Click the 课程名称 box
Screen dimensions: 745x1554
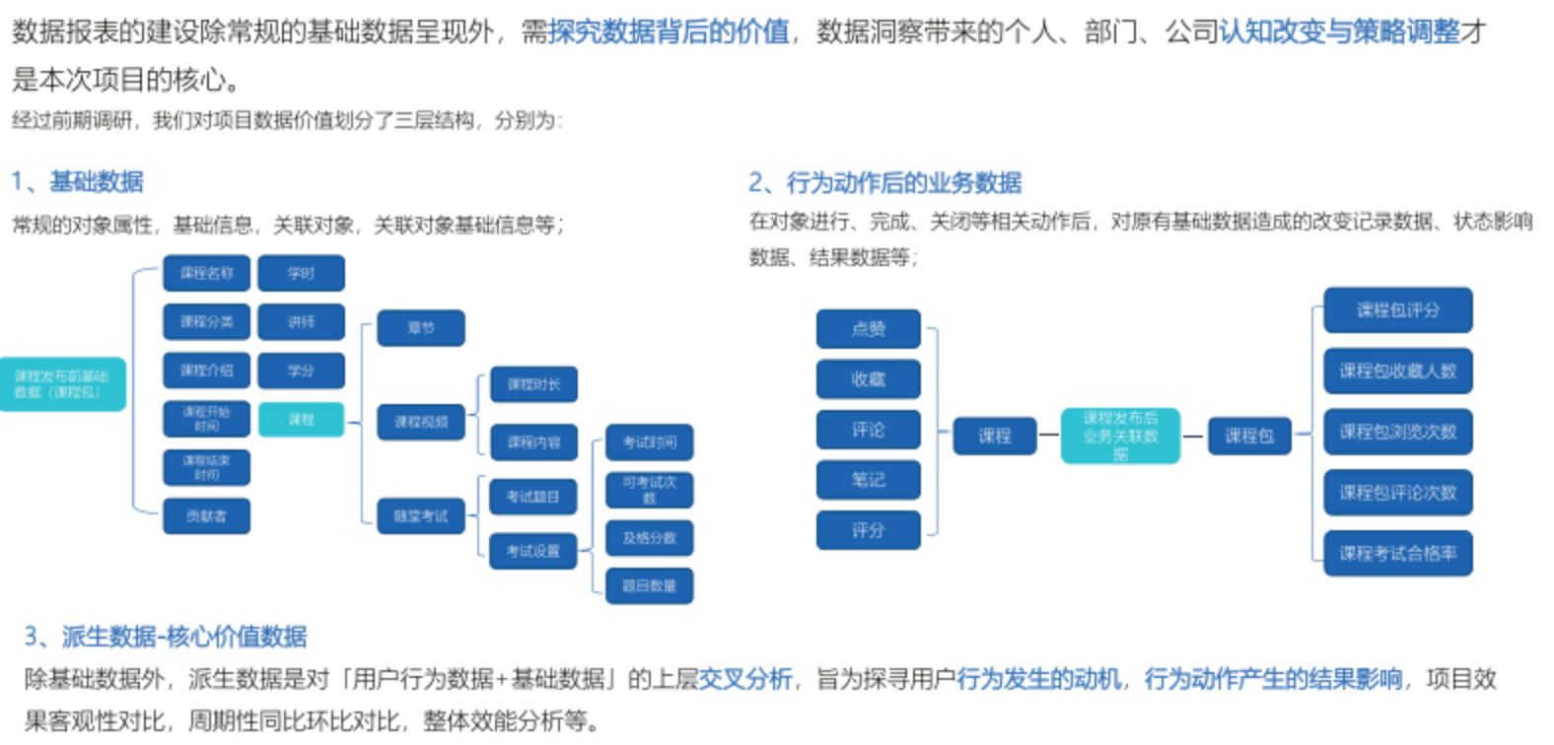pos(206,273)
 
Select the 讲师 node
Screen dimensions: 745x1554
pos(301,322)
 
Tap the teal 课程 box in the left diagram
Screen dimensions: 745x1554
pos(301,420)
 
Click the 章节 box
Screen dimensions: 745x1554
pos(421,328)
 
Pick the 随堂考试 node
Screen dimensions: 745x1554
pos(421,516)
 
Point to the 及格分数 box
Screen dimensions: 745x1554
pos(649,538)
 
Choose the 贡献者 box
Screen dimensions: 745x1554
pos(206,516)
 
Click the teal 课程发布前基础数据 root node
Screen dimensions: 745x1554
pos(62,384)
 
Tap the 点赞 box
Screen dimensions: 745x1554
pos(868,329)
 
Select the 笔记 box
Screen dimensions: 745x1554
pos(868,480)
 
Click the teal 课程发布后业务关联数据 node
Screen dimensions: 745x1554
pos(1120,436)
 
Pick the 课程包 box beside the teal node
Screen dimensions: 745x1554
pos(1249,436)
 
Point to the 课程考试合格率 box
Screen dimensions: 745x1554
pos(1397,554)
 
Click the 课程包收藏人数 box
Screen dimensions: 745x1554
pos(1397,372)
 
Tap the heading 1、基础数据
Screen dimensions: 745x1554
pos(78,181)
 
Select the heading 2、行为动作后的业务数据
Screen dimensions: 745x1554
pos(884,182)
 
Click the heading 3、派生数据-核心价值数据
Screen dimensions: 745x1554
pos(166,637)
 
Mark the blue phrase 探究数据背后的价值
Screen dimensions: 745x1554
pos(670,33)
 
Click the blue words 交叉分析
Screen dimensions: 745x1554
pos(745,679)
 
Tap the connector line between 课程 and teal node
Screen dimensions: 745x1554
pos(1048,436)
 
